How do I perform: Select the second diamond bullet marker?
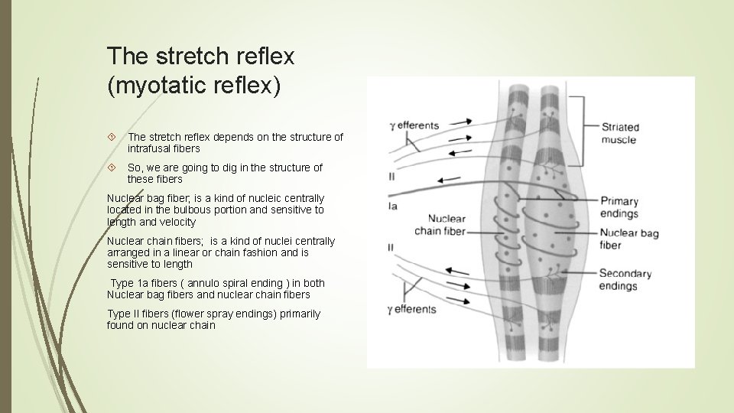tap(112, 167)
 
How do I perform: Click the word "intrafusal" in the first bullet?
tap(151, 148)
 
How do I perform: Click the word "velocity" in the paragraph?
tap(177, 222)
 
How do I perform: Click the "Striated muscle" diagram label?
tap(619, 133)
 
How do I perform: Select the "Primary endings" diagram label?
tap(619, 207)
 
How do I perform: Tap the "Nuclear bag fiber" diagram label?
tap(628, 239)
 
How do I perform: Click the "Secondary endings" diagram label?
tap(625, 279)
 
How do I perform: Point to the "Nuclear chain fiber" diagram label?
tap(440, 225)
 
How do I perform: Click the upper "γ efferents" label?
tap(414, 125)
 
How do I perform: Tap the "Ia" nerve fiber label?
tap(393, 206)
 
